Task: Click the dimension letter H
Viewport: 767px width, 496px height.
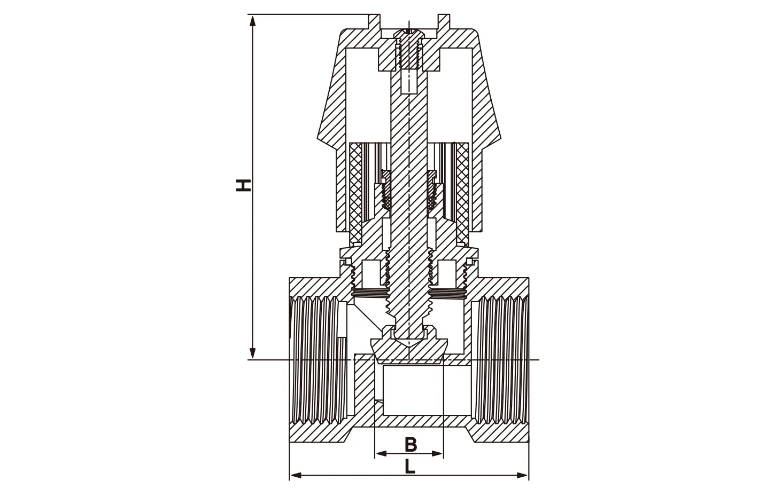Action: point(244,185)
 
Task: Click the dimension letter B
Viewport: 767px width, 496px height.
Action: point(410,444)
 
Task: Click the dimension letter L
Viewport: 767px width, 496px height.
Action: point(409,466)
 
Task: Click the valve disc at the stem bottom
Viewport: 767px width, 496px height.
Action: point(409,350)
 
